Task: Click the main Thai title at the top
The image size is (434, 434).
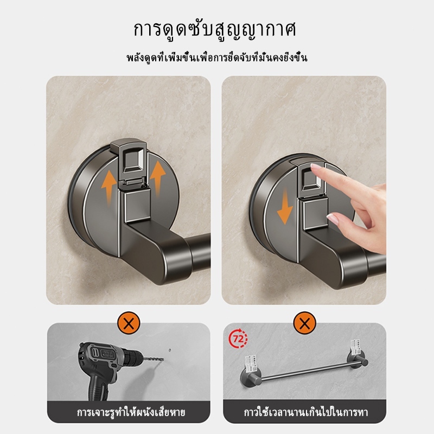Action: click(215, 30)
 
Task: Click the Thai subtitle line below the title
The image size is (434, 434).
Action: click(217, 58)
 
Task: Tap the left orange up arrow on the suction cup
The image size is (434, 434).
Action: click(108, 188)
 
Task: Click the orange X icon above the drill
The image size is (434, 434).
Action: click(129, 323)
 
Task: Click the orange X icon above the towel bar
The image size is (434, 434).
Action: click(304, 323)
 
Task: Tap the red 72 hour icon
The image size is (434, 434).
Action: click(238, 338)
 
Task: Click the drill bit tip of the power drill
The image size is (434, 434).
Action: click(163, 360)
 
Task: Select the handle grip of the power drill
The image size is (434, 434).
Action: click(98, 384)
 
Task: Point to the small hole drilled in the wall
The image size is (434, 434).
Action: click(169, 350)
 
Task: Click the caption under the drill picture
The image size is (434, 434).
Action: click(131, 412)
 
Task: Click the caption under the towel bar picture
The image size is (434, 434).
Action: click(306, 412)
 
